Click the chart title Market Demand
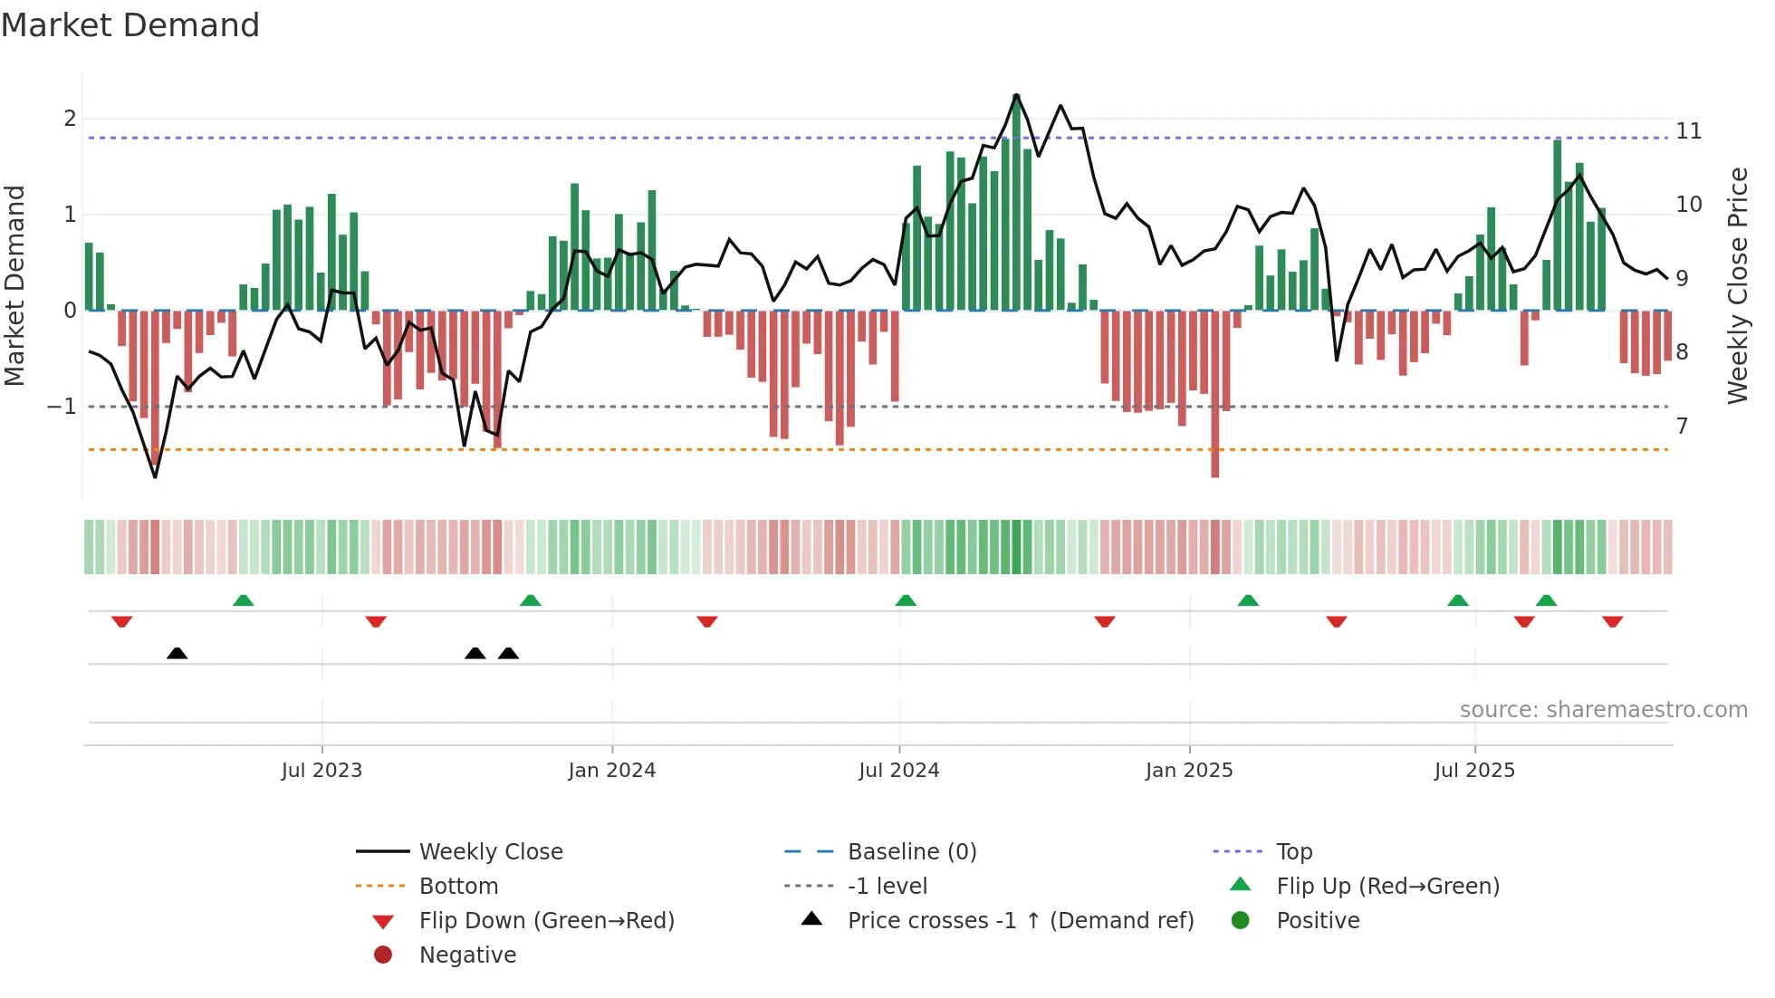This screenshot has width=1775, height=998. pyautogui.click(x=130, y=25)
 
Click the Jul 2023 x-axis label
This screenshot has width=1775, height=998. pyautogui.click(x=321, y=771)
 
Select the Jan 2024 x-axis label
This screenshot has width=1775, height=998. pyautogui.click(x=611, y=771)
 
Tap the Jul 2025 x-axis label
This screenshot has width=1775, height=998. pyautogui.click(x=1474, y=771)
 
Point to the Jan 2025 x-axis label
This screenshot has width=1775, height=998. pyautogui.click(x=1188, y=771)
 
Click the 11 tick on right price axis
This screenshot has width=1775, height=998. pyautogui.click(x=1688, y=131)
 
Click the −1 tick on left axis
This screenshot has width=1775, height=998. pyautogui.click(x=62, y=407)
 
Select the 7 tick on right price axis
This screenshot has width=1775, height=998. pyautogui.click(x=1682, y=426)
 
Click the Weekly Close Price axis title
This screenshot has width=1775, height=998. pyautogui.click(x=1737, y=285)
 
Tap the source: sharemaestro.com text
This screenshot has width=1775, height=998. pyautogui.click(x=1603, y=710)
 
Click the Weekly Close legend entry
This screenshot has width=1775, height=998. pyautogui.click(x=490, y=852)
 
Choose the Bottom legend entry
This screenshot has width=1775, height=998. pyautogui.click(x=458, y=887)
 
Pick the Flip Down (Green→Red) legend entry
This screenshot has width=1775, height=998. pyautogui.click(x=546, y=921)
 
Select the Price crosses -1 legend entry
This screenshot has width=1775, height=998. pyautogui.click(x=1020, y=921)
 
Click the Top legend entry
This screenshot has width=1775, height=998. pyautogui.click(x=1294, y=852)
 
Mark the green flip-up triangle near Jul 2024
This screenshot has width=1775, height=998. pyautogui.click(x=906, y=600)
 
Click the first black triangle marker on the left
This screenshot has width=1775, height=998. pyautogui.click(x=177, y=654)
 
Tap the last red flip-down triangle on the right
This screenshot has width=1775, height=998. pyautogui.click(x=1612, y=621)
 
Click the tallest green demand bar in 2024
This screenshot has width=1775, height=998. pyautogui.click(x=1016, y=204)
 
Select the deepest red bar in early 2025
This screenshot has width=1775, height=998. pyautogui.click(x=1214, y=394)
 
